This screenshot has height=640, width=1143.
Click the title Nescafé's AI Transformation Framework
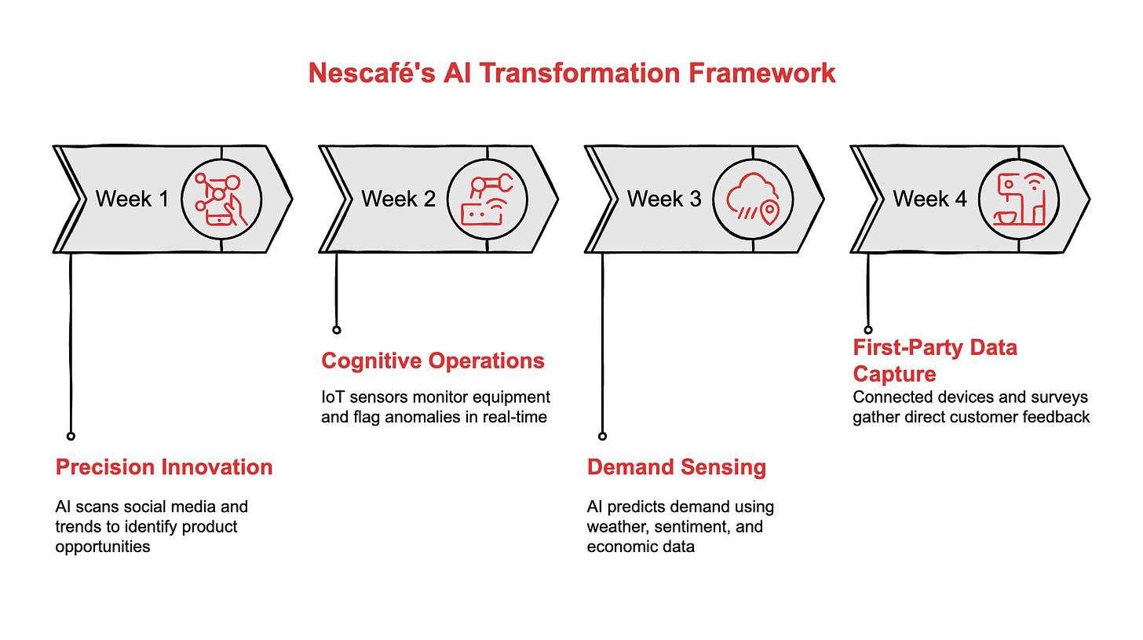pyautogui.click(x=571, y=73)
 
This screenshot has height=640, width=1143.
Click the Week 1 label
pyautogui.click(x=132, y=199)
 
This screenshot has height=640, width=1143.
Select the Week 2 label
pyautogui.click(x=398, y=199)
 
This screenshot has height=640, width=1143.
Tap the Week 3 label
pyautogui.click(x=664, y=199)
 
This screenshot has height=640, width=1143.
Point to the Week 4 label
pyautogui.click(x=930, y=199)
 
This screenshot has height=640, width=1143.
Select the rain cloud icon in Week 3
pyautogui.click(x=754, y=199)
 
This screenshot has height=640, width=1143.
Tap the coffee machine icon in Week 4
pyautogui.click(x=1020, y=199)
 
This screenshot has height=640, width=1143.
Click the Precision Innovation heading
pyautogui.click(x=164, y=467)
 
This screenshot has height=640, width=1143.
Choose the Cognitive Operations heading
pyautogui.click(x=433, y=361)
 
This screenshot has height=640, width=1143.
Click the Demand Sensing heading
pyautogui.click(x=677, y=467)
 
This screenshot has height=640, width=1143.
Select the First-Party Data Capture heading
pyautogui.click(x=935, y=360)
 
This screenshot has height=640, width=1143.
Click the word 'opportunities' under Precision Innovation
pyautogui.click(x=103, y=547)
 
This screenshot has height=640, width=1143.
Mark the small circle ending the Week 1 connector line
pyautogui.click(x=71, y=436)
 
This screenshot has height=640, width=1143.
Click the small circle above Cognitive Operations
pyautogui.click(x=337, y=330)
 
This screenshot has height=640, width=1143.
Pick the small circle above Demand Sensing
pyautogui.click(x=603, y=436)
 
